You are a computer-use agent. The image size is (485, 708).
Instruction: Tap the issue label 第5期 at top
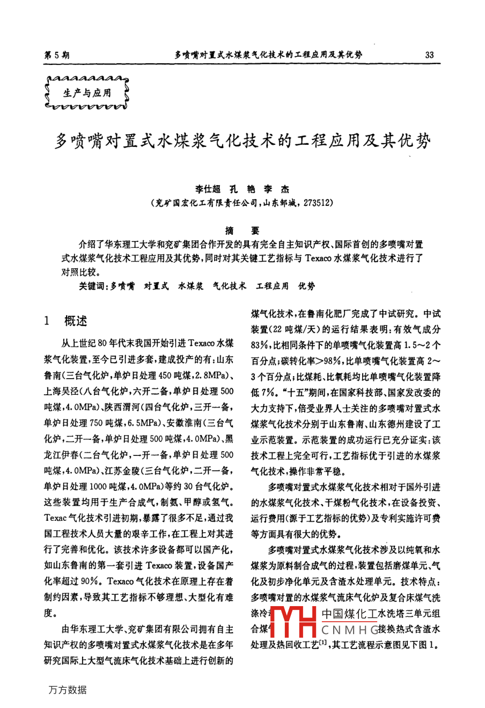point(56,55)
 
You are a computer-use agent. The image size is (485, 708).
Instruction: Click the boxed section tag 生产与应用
point(87,93)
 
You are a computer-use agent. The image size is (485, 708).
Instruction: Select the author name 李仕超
point(208,189)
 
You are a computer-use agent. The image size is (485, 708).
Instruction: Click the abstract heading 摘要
point(242,231)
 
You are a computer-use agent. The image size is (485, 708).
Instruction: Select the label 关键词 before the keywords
point(93,286)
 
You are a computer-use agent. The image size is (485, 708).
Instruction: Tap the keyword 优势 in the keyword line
point(307,286)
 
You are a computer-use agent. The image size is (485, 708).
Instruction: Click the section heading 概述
point(75,321)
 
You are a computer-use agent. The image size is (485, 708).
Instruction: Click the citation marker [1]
point(323,643)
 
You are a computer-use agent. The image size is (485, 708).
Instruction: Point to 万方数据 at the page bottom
point(67,690)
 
